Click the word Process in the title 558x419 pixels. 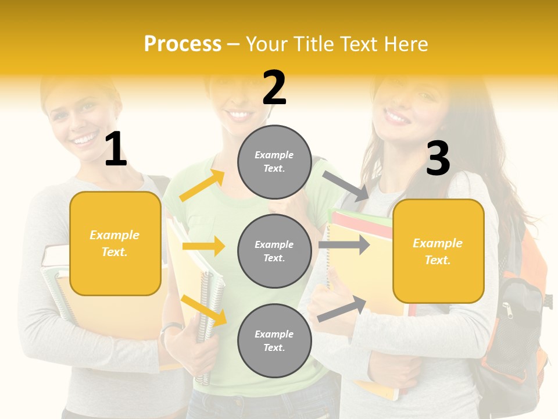point(183,44)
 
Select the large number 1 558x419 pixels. point(116,149)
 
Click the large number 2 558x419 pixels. point(274,88)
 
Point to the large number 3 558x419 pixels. point(438,158)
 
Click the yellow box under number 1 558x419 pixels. point(115,243)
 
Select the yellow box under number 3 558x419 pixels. point(438,251)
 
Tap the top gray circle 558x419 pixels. point(274,161)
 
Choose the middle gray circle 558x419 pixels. point(274,251)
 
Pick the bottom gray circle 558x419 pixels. point(274,340)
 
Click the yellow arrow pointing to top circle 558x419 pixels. point(202,186)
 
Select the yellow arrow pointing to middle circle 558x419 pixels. point(203,246)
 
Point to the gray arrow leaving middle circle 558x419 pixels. point(344,244)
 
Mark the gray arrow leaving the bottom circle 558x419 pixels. point(342,309)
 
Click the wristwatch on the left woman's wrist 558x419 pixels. point(170,329)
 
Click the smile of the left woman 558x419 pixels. point(85,139)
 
